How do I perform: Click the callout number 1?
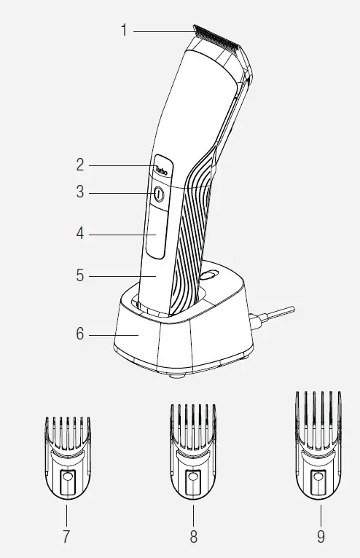click(x=124, y=30)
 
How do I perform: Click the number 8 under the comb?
click(x=193, y=537)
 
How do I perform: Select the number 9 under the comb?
click(x=321, y=537)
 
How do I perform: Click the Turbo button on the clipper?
click(x=160, y=170)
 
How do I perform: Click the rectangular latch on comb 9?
click(x=318, y=483)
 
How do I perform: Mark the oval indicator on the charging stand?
click(x=209, y=276)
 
